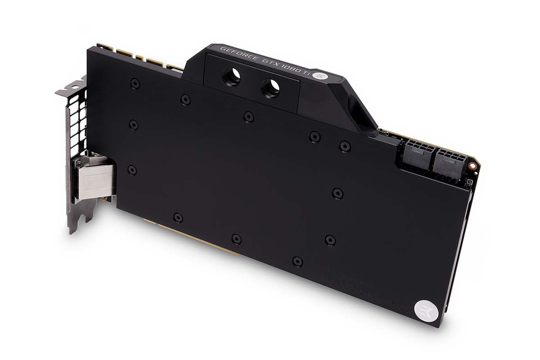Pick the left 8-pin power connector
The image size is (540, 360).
click(415, 153)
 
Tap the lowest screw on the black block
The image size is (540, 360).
click(297, 261)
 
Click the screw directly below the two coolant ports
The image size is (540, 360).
click(248, 117)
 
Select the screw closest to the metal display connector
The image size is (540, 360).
click(132, 170)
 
